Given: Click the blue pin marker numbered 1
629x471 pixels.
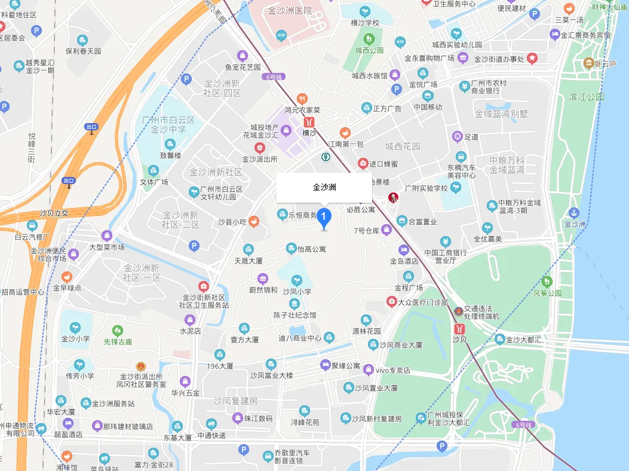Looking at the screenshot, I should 324,217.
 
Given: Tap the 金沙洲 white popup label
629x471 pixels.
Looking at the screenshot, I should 324,187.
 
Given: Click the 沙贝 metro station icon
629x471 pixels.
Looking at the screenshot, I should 459,328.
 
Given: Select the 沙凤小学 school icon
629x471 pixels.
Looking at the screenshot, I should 297,280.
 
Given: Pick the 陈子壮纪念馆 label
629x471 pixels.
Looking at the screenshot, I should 295,315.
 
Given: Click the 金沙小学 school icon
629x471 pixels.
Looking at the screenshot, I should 75,327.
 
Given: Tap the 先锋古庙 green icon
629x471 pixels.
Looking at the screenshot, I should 118,330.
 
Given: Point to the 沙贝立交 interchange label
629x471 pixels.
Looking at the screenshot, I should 54,213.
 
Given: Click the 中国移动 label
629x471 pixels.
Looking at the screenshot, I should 428,107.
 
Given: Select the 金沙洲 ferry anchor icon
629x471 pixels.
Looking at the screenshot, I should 573,213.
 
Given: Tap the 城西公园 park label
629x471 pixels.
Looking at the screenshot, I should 368,50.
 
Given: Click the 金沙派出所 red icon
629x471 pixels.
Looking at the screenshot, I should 259,148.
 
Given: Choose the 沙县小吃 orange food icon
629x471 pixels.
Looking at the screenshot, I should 254,222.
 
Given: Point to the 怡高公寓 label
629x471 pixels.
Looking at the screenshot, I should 311,249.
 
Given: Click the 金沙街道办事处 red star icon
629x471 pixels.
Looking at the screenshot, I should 532,58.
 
